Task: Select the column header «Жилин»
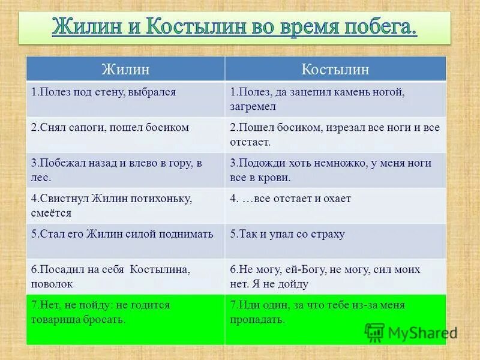coord(125,69)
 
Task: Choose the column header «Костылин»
coord(335,69)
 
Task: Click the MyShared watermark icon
coord(374,332)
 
